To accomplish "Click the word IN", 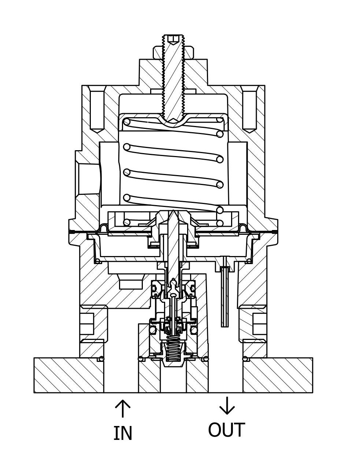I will (123, 433).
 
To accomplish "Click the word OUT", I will (226, 430).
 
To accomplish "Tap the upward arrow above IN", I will (123, 408).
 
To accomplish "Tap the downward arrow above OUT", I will (227, 405).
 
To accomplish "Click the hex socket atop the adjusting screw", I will (173, 38).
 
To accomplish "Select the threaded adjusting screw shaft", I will (173, 81).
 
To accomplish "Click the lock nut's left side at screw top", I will (158, 52).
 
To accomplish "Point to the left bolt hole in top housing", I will (97, 110).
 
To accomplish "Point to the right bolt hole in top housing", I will (249, 110).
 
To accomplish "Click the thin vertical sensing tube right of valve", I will (224, 297).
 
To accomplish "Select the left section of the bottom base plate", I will (69, 375).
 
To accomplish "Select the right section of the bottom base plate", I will (278, 375).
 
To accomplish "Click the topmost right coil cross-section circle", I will (220, 119).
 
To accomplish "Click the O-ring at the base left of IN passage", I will (101, 359).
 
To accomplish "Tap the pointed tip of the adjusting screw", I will (173, 119).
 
